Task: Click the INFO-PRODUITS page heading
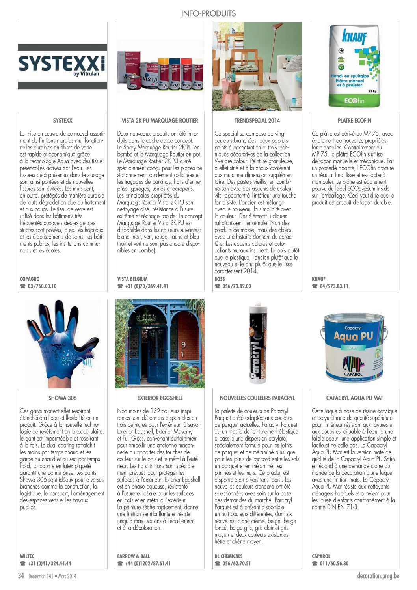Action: [208, 14]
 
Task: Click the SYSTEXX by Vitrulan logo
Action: [62, 66]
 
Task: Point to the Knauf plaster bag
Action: [354, 66]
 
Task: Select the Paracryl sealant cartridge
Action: [257, 344]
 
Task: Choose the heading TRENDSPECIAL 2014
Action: [257, 121]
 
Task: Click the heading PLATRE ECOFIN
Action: [354, 121]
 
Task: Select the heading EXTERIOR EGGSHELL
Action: [160, 398]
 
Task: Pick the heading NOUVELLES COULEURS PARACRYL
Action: [257, 398]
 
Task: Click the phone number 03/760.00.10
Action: [42, 286]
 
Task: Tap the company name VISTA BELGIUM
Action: [132, 279]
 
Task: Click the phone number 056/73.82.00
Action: [236, 286]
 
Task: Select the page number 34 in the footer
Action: [21, 576]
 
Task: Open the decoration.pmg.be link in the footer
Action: [378, 576]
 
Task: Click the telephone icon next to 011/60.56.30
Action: [315, 564]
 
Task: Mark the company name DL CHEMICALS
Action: [229, 556]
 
